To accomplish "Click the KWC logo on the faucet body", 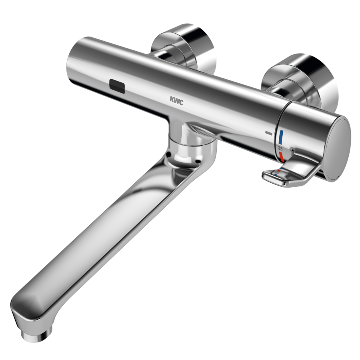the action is (x=176, y=100).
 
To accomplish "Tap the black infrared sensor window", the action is (x=117, y=86).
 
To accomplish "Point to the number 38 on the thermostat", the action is (x=280, y=148).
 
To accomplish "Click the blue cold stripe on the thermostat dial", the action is (x=281, y=137).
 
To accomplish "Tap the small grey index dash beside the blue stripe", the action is (x=269, y=133).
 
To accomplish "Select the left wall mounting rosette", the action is (x=184, y=49).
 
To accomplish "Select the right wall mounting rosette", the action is (x=300, y=80).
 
